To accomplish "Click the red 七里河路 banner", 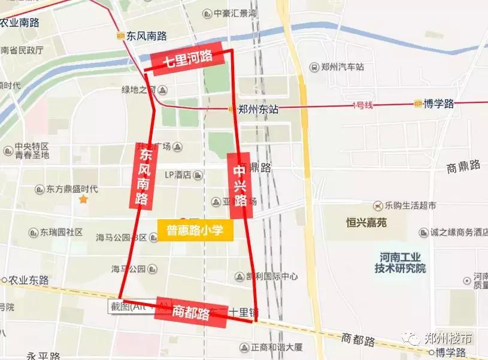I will (x=190, y=58).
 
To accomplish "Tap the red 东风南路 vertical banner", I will (x=143, y=176).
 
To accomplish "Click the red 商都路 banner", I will (x=190, y=312).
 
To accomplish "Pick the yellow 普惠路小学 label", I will (x=195, y=231).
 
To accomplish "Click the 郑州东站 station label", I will (x=257, y=109).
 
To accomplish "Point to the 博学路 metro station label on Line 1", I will (x=438, y=104).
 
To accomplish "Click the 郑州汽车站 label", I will (x=342, y=67).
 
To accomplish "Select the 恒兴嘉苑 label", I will (x=366, y=222).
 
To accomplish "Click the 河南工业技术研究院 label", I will (x=401, y=262).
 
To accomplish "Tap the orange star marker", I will (x=84, y=198).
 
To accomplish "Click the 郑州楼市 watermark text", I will (x=447, y=338).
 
